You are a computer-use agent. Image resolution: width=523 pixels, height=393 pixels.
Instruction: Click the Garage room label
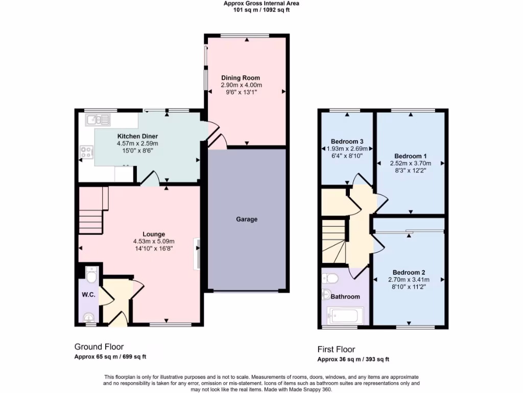tap(247, 220)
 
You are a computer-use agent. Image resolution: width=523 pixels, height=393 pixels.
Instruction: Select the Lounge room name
tap(153, 234)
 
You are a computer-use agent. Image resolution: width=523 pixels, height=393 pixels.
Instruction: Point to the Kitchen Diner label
tap(137, 136)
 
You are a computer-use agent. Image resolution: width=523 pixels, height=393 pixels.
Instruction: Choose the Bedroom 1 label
tap(410, 156)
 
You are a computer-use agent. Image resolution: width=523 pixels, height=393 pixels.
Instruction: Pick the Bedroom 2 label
tap(409, 272)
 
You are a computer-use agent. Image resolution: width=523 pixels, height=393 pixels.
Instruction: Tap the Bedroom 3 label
tap(347, 141)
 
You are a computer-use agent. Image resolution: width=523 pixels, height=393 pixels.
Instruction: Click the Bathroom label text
tap(345, 296)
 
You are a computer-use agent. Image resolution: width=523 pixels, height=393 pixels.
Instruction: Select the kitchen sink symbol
tap(98, 120)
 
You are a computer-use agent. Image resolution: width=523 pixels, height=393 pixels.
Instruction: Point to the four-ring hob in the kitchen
tap(86, 151)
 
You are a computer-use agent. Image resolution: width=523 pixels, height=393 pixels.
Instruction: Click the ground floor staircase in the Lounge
tap(92, 210)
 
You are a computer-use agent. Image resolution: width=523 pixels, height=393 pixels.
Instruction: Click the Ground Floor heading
tap(99, 347)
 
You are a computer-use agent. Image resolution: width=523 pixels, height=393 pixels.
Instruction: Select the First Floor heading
tap(336, 350)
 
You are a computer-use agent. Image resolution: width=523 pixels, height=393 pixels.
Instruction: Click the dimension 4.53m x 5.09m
tap(153, 242)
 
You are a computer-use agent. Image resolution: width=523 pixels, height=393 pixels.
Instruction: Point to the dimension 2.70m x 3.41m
tap(409, 280)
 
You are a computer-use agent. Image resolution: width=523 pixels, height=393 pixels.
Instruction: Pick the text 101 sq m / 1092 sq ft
tap(261, 10)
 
